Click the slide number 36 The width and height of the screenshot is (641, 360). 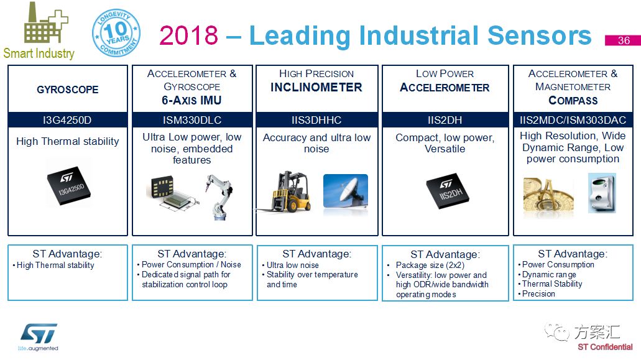point(622,40)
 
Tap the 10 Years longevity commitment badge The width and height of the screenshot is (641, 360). point(116,33)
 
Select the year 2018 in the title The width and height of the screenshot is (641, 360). point(188,35)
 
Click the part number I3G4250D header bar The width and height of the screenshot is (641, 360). point(67,120)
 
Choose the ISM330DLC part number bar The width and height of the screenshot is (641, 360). point(192,120)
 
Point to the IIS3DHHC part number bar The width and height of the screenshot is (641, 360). point(317,120)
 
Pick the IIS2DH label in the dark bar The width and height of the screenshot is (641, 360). point(445,120)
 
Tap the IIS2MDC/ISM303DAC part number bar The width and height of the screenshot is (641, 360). point(573,120)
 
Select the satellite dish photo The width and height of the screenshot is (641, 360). point(346,191)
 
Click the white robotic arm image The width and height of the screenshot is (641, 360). point(219,196)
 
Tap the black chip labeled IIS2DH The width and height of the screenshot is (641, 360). point(448,191)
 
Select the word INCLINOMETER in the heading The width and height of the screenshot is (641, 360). point(316,88)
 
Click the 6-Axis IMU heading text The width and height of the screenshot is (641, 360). point(191,101)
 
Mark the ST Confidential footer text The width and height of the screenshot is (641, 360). point(605,347)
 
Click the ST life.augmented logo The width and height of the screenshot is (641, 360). point(39,337)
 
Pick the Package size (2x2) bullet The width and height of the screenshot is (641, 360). point(430,265)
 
